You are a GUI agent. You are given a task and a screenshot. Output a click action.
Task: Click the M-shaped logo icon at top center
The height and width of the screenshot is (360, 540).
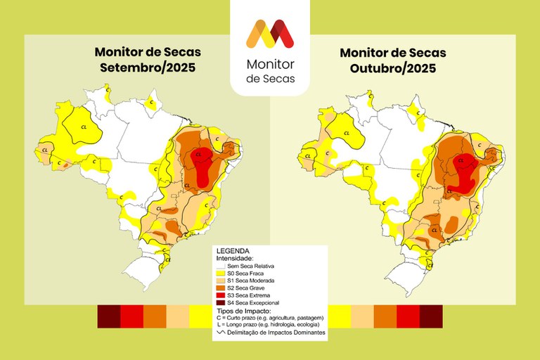pyautogui.click(x=270, y=34)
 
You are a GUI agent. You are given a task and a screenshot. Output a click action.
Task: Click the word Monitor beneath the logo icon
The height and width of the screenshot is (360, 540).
pyautogui.click(x=270, y=64)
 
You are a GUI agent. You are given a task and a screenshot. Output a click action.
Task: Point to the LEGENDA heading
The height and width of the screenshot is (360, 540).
pyautogui.click(x=233, y=251)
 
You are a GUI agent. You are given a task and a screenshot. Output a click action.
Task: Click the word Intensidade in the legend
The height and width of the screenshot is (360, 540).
pyautogui.click(x=236, y=258)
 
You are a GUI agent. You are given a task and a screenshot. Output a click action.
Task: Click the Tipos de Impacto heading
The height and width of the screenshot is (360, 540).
pyautogui.click(x=243, y=310)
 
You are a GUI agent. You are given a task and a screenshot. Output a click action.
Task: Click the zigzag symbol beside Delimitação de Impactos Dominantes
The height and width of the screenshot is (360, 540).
pyautogui.click(x=220, y=332)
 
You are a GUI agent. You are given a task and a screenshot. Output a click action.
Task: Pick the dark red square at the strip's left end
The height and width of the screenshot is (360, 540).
pyautogui.click(x=108, y=316)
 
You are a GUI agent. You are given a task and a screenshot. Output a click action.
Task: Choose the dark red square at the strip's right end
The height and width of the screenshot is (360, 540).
pyautogui.click(x=431, y=316)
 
